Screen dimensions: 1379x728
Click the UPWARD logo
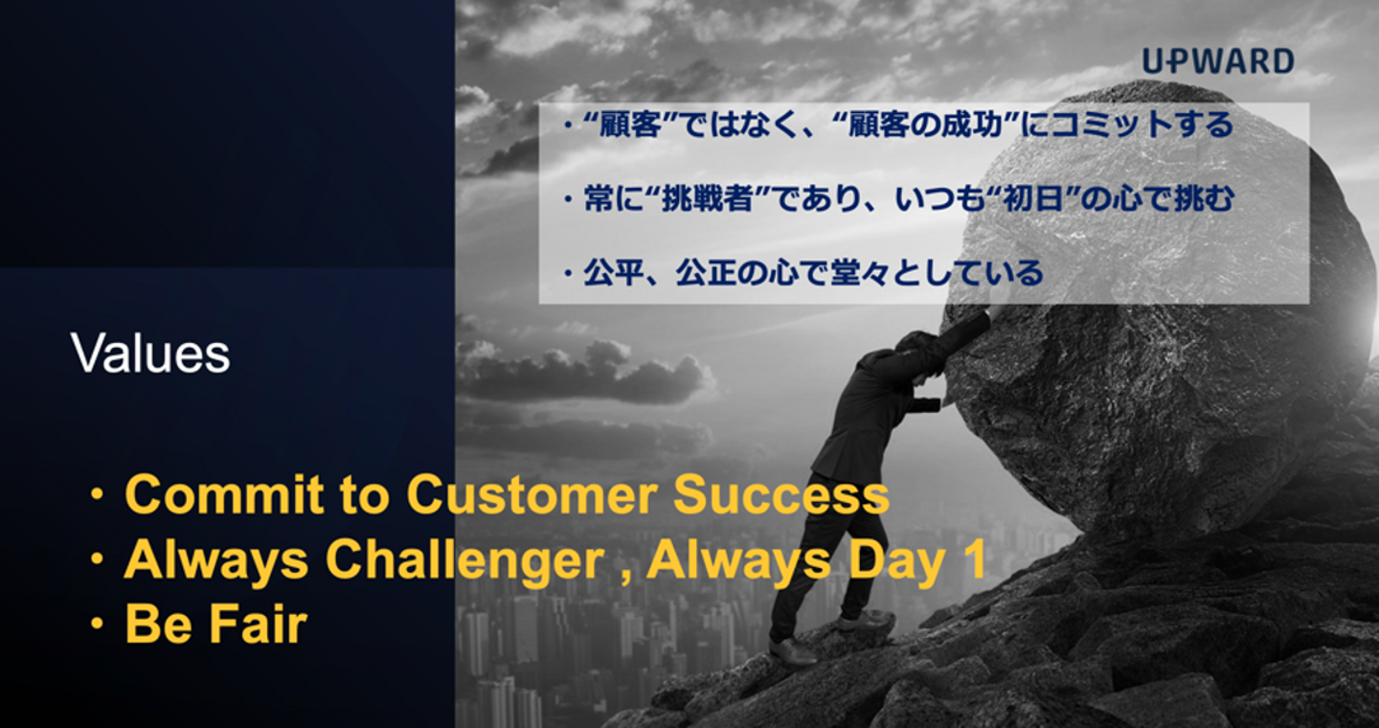pos(1218,61)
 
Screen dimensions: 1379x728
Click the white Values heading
pos(151,353)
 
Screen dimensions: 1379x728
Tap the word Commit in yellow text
pos(224,494)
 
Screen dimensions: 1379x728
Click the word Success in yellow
pos(781,494)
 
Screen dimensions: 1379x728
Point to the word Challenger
pos(465,561)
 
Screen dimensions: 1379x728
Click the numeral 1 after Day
pos(975,559)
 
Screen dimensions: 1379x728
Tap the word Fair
pos(259,625)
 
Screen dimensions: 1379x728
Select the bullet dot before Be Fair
pos(97,625)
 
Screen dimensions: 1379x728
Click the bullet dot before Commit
pos(97,494)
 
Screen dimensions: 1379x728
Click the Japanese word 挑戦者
pos(708,199)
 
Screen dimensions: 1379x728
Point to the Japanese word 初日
pos(1033,199)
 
